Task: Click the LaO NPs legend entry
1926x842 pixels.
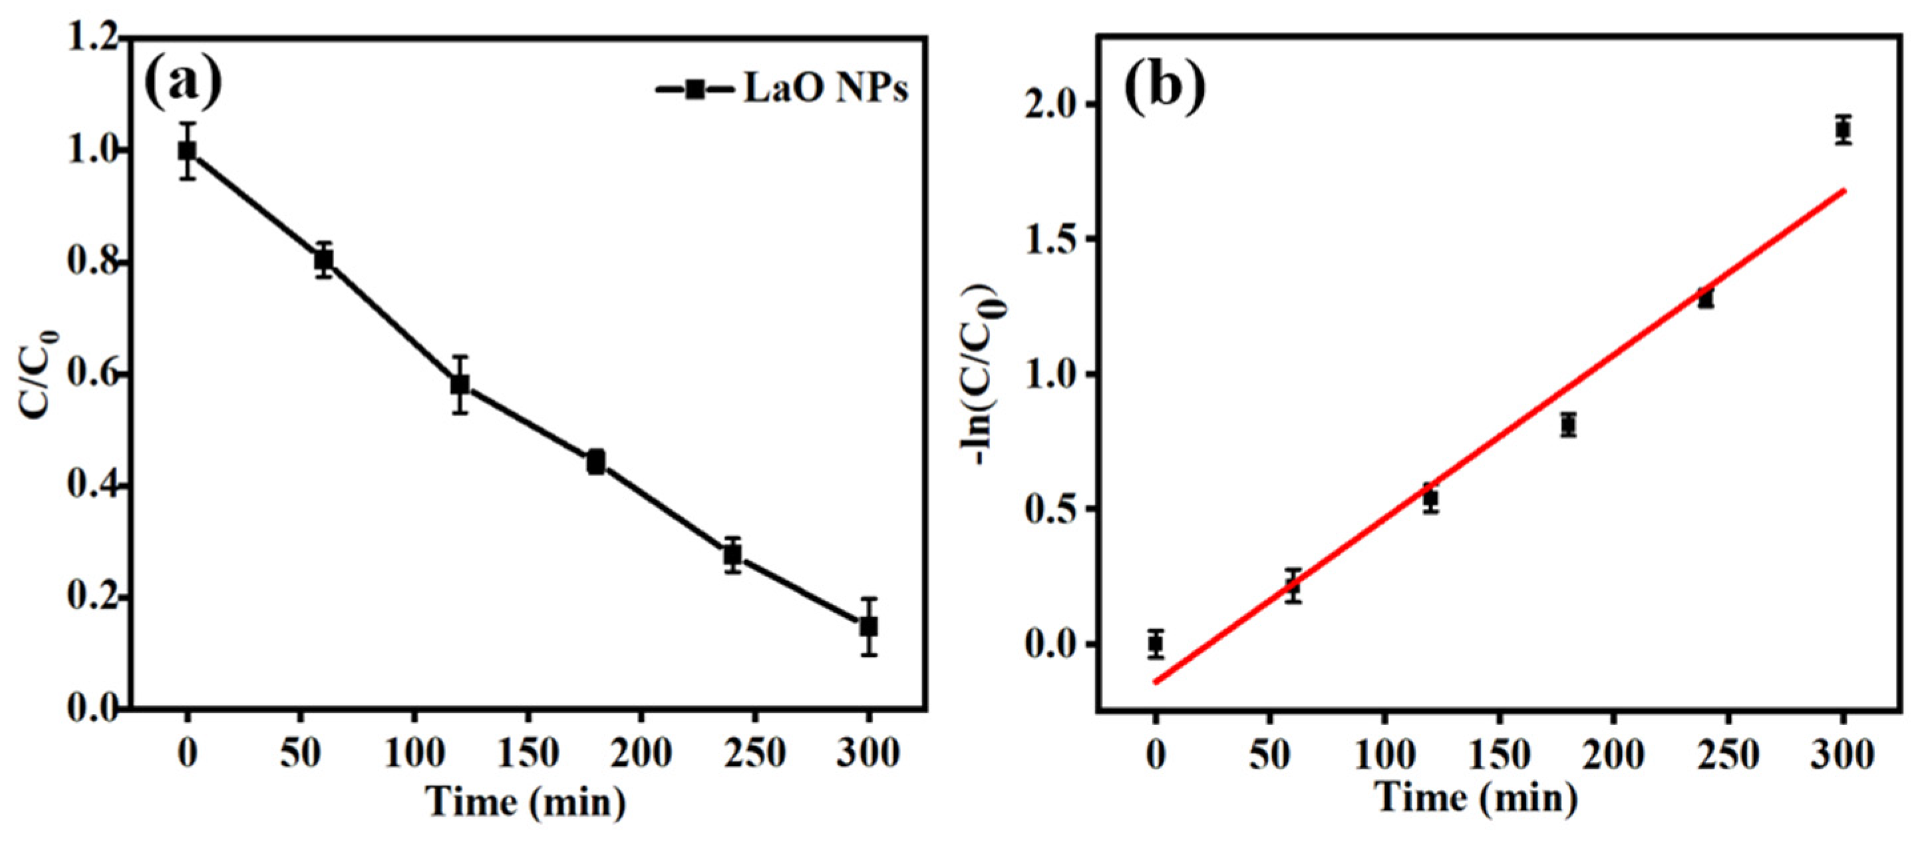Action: click(x=781, y=90)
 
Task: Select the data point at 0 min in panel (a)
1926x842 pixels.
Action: click(x=187, y=151)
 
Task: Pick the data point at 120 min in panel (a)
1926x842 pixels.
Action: click(x=460, y=384)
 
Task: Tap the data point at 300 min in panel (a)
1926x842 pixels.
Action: click(x=868, y=626)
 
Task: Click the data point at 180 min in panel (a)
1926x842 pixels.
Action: click(x=596, y=462)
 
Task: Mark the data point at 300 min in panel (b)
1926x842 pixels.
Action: click(x=1843, y=131)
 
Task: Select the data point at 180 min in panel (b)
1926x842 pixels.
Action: click(x=1569, y=425)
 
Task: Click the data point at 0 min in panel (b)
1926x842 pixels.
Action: click(x=1156, y=642)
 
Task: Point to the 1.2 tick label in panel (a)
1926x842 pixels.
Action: click(x=92, y=39)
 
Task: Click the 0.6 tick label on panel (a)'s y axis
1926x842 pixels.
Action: click(x=92, y=375)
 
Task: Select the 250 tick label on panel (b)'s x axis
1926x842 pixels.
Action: click(x=1727, y=755)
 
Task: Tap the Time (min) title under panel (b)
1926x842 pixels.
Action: click(x=1477, y=799)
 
